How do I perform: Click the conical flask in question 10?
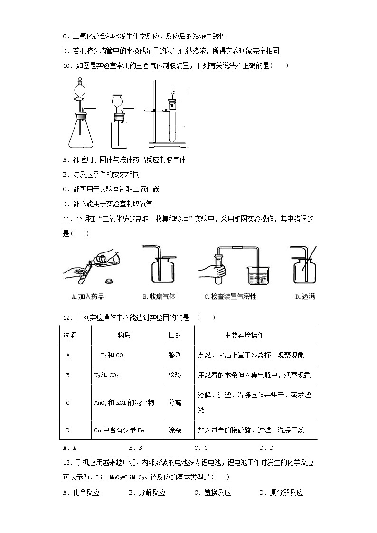click(x=81, y=133)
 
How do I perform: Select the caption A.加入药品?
click(x=87, y=297)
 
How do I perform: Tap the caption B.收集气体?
click(x=159, y=297)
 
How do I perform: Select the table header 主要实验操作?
click(x=244, y=335)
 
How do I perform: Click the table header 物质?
click(x=124, y=335)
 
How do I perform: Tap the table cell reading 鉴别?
click(x=175, y=355)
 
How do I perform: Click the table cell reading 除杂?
click(x=175, y=430)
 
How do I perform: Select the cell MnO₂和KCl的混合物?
click(x=124, y=402)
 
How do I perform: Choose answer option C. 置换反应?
click(x=212, y=492)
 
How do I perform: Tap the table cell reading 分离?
click(x=175, y=402)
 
